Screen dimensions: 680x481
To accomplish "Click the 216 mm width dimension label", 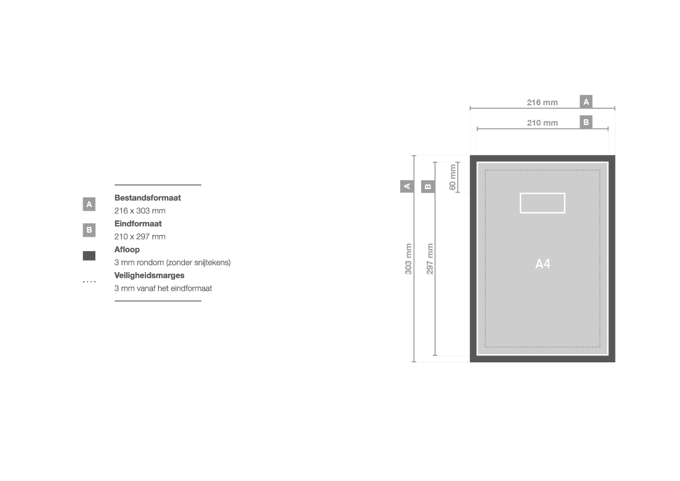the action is [542, 102].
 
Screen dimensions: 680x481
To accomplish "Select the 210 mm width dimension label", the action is [542, 123].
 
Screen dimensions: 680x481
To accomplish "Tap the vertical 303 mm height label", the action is [408, 258].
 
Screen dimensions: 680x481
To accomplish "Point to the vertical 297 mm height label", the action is [429, 258].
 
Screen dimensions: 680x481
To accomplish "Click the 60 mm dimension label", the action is [453, 177].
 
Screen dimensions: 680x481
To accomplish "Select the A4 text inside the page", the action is [543, 263].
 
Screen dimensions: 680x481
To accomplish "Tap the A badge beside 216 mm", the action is [586, 102].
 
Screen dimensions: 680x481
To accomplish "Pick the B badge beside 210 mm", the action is [586, 122].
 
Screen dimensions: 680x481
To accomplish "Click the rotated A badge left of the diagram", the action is [407, 186].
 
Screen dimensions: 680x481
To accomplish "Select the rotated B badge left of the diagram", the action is [428, 187].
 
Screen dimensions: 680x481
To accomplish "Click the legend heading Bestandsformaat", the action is [147, 198].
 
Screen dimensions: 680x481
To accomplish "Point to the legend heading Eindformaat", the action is [138, 224].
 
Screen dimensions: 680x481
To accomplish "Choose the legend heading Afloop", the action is [127, 250].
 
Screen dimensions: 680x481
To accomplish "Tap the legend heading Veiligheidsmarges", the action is [149, 276].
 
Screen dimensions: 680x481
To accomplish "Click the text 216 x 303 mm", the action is [140, 211].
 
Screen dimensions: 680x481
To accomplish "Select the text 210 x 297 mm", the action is [140, 237].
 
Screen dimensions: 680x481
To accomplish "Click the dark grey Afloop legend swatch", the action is [89, 256].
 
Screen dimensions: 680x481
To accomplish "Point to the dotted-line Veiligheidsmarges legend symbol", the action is [89, 282].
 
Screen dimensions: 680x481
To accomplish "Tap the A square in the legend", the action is [89, 204].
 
